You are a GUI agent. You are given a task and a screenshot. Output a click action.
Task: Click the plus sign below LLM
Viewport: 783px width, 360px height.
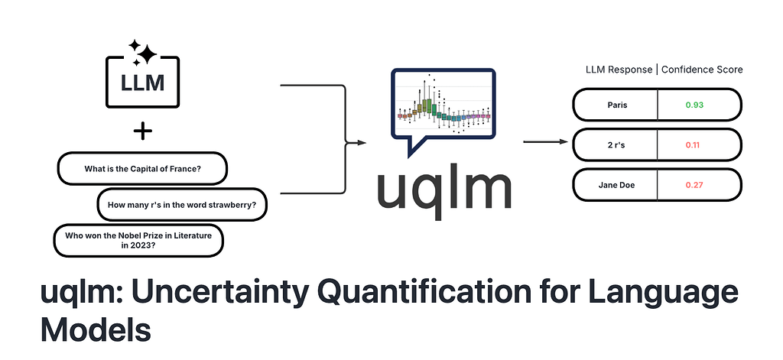[x=142, y=131]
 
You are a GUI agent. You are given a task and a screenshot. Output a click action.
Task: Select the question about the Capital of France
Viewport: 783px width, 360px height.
[x=142, y=169]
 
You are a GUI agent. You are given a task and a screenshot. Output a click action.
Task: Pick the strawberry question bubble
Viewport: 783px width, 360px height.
[x=181, y=205]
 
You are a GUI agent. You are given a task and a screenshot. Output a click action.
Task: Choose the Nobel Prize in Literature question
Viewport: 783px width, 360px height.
[x=138, y=240]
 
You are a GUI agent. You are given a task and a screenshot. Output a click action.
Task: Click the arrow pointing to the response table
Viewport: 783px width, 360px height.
[x=544, y=141]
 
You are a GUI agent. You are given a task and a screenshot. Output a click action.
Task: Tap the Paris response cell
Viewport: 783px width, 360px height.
[x=616, y=105]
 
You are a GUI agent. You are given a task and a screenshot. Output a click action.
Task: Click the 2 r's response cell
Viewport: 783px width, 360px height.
[x=616, y=144]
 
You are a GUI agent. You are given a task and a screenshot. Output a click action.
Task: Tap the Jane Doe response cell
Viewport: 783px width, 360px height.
[x=616, y=184]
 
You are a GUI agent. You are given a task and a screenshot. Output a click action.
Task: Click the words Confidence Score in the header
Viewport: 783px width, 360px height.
[x=702, y=70]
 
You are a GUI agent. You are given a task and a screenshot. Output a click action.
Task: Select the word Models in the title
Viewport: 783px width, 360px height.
[x=96, y=329]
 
